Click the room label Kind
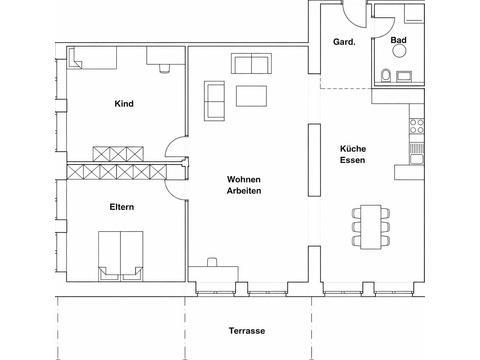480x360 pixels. click(124, 104)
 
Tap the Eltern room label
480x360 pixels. click(122, 207)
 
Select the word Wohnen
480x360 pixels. click(244, 179)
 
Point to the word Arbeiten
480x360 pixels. click(244, 191)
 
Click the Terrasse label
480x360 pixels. click(247, 331)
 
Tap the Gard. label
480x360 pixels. click(344, 42)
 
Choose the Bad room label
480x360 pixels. click(399, 40)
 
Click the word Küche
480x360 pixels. click(353, 149)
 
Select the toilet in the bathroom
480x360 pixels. click(386, 75)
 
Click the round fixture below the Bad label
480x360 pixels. click(399, 51)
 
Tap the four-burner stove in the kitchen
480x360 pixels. click(417, 126)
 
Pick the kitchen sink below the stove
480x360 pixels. click(417, 159)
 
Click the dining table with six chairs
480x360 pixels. click(371, 227)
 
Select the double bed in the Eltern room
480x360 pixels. click(121, 256)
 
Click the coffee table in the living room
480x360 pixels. click(251, 96)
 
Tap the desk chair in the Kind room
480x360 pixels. click(164, 68)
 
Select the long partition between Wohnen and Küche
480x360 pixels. click(314, 160)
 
